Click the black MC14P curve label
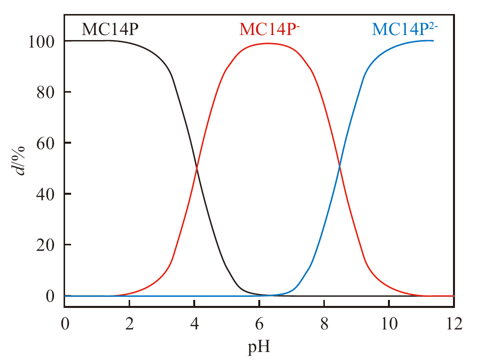click(x=110, y=30)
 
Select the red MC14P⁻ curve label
click(x=269, y=30)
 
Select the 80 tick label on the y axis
click(x=46, y=92)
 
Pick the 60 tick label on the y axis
click(x=46, y=143)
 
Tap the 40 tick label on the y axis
click(x=46, y=194)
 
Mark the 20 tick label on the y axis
click(x=46, y=245)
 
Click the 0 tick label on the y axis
click(x=51, y=296)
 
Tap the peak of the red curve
click(x=268, y=44)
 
